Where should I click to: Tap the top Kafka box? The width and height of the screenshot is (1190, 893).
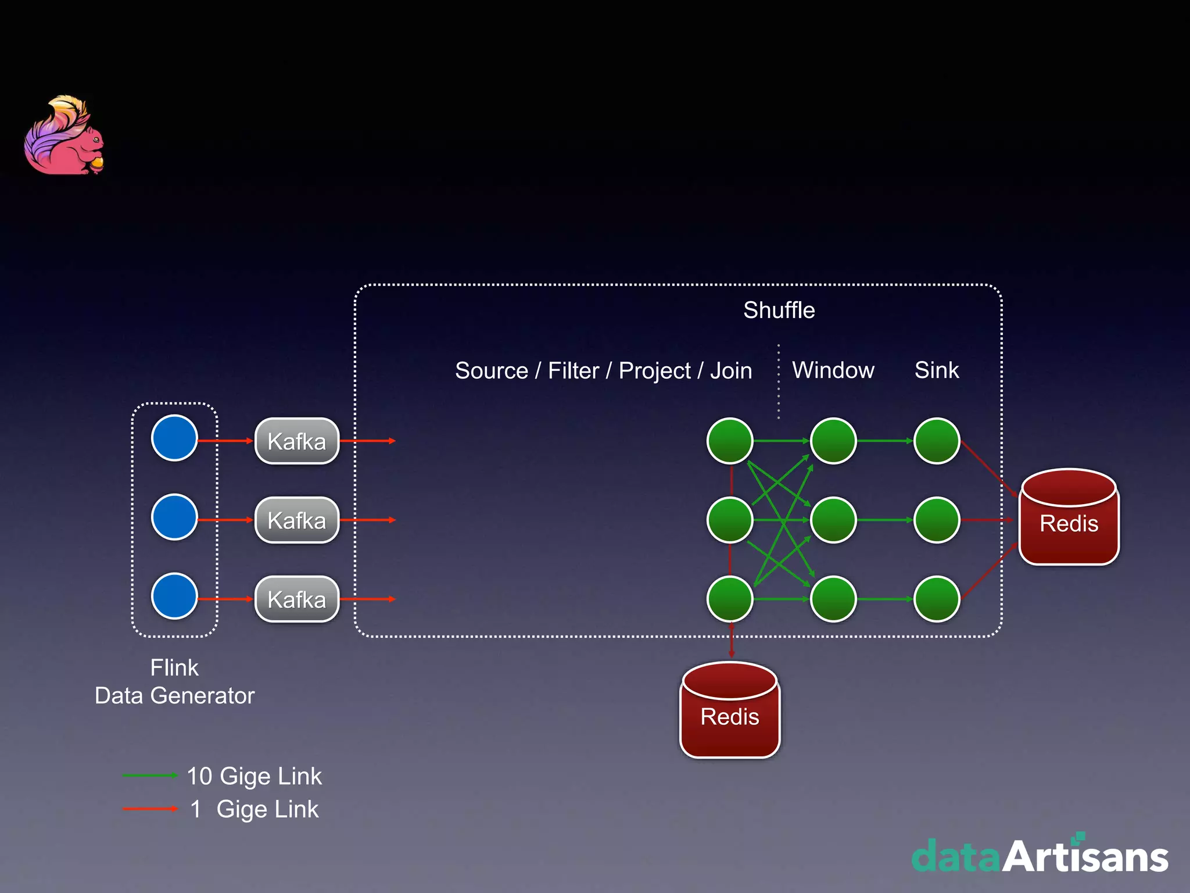(x=297, y=441)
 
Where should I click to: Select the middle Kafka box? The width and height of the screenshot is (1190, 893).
(x=297, y=520)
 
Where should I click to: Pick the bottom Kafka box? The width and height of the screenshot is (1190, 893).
(x=297, y=599)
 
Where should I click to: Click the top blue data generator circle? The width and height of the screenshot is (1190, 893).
(x=174, y=438)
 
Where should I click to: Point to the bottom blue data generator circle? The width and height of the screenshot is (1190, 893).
(x=174, y=596)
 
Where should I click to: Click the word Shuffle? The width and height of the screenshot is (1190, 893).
(x=779, y=310)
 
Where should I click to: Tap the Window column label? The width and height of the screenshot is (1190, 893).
(x=833, y=370)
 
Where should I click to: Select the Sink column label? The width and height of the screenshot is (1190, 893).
(x=936, y=370)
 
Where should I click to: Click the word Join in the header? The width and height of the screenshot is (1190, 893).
(x=731, y=371)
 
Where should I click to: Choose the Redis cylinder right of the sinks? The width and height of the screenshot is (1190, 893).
(x=1069, y=517)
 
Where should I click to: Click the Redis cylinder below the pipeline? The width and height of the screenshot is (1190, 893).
(x=730, y=710)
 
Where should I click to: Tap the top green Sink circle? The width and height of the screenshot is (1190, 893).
(x=937, y=441)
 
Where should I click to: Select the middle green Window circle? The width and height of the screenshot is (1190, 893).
(x=833, y=520)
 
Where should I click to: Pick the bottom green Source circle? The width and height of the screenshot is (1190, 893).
(x=730, y=599)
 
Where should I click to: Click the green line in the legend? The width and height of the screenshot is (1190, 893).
(x=149, y=776)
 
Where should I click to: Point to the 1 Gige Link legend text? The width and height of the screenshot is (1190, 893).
(x=255, y=809)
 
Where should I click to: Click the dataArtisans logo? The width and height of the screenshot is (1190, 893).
(x=1040, y=856)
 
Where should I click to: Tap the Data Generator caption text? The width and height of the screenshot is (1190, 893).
(x=174, y=696)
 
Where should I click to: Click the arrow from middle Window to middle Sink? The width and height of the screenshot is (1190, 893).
(x=885, y=520)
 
